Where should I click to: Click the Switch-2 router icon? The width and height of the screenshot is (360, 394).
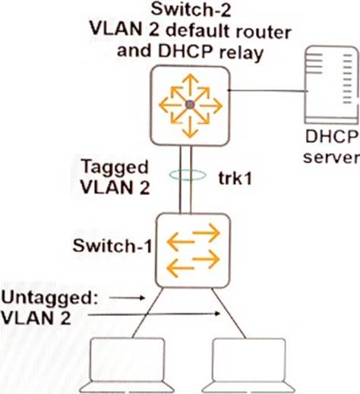click(x=190, y=106)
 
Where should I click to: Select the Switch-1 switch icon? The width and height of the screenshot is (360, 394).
click(x=193, y=251)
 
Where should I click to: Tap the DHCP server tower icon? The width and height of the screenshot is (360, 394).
click(x=332, y=84)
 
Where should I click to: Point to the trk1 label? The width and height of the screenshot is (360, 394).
click(x=235, y=178)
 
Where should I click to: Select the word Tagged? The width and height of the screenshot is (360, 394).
click(x=115, y=169)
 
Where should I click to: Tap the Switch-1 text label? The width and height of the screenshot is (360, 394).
click(x=112, y=246)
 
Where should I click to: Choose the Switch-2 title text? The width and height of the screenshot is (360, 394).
click(x=191, y=10)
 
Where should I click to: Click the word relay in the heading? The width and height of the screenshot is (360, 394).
click(x=242, y=53)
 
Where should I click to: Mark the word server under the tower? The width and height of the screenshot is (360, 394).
click(x=331, y=157)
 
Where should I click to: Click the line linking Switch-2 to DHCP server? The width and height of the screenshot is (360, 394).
click(x=267, y=90)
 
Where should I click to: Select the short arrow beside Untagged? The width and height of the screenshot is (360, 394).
click(x=127, y=298)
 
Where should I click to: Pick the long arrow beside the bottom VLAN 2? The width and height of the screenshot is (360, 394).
click(x=154, y=314)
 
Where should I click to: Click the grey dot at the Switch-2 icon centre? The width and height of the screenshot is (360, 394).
click(x=190, y=105)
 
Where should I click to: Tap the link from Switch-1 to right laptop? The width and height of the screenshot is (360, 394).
click(x=229, y=313)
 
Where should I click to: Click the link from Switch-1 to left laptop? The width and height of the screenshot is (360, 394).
click(x=148, y=313)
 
